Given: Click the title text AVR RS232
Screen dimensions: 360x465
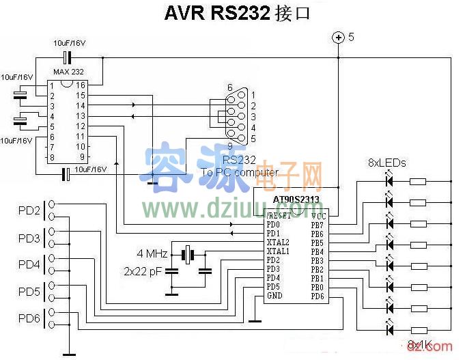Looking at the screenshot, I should coord(217,14).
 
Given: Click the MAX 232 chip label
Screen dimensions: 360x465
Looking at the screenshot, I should coord(68,72).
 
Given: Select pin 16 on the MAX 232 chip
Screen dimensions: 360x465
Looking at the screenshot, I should coord(81,85).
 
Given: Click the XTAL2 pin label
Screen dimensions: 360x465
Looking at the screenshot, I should coord(278,243).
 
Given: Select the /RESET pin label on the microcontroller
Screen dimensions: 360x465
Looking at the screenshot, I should coord(279,215).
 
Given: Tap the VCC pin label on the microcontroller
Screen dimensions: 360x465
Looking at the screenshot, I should coord(317,215).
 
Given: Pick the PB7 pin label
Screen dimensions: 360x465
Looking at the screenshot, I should coord(317,224).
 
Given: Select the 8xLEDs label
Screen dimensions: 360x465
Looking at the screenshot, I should coord(386,163).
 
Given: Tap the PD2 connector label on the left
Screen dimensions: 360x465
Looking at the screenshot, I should coord(29,209).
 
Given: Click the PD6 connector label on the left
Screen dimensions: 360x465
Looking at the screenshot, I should coord(29,318).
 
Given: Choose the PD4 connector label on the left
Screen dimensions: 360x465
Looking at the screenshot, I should coord(29,264).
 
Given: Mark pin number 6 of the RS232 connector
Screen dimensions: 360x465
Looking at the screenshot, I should coord(229,87).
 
